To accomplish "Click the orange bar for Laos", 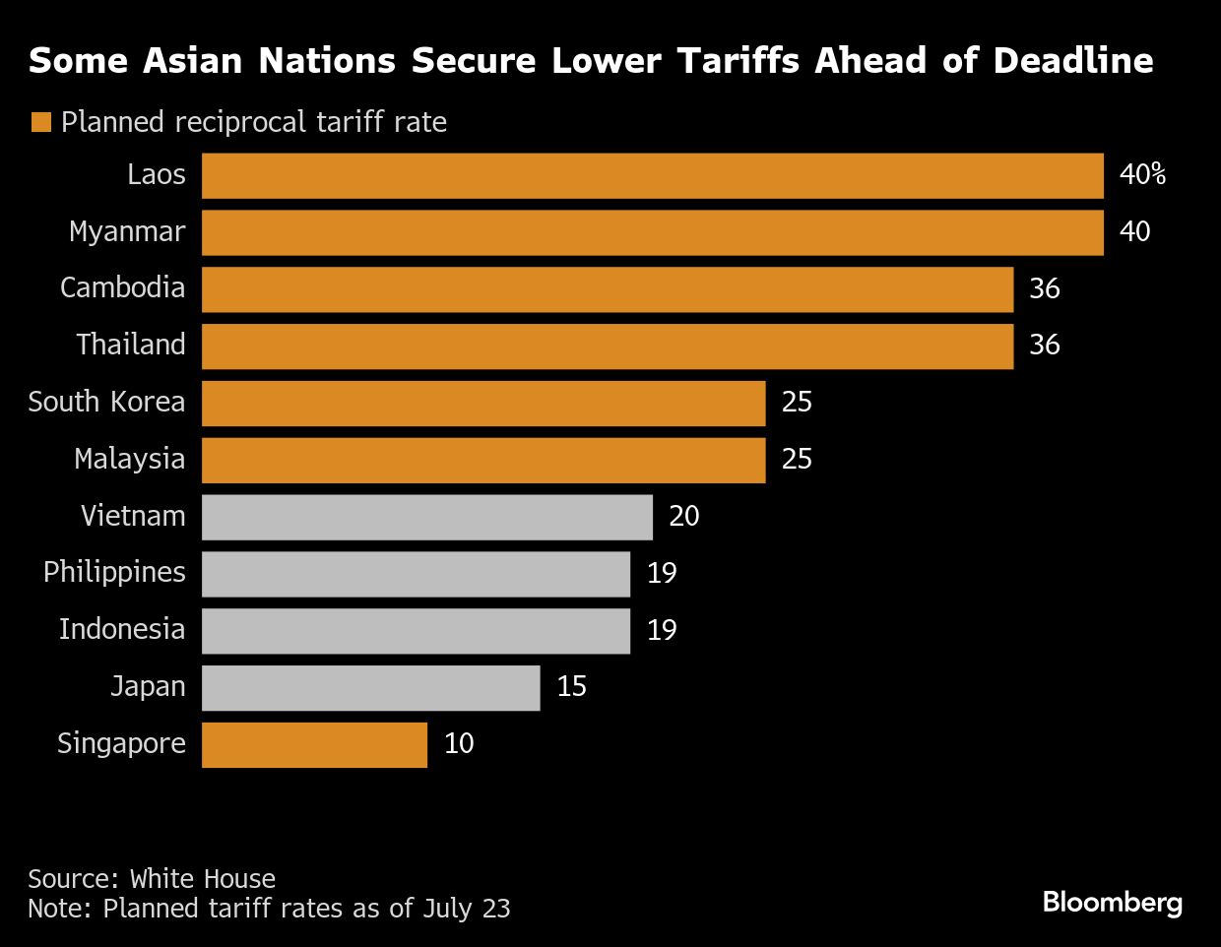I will pyautogui.click(x=652, y=175).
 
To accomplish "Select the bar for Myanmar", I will pyautogui.click(x=652, y=232).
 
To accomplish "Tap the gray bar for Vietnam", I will pyautogui.click(x=426, y=517).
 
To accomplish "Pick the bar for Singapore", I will pyautogui.click(x=314, y=744).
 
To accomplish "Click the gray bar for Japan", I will pyautogui.click(x=370, y=687).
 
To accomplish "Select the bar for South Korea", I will pyautogui.click(x=482, y=403).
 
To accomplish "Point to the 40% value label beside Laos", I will pyautogui.click(x=1142, y=175).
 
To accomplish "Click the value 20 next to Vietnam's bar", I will pyautogui.click(x=683, y=517).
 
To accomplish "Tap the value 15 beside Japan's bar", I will pyautogui.click(x=571, y=687).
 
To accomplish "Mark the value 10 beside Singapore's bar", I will pyautogui.click(x=459, y=743).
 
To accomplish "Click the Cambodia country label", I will pyautogui.click(x=122, y=287).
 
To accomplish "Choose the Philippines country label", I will pyautogui.click(x=114, y=572).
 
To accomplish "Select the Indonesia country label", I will pyautogui.click(x=122, y=629).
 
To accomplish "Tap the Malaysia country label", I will pyautogui.click(x=129, y=459).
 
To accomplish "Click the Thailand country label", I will pyautogui.click(x=131, y=345).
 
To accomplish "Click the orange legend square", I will pyautogui.click(x=40, y=122).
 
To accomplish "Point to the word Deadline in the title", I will pyautogui.click(x=1072, y=61).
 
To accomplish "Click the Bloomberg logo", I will pyautogui.click(x=1112, y=902).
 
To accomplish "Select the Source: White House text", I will pyautogui.click(x=152, y=878).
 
